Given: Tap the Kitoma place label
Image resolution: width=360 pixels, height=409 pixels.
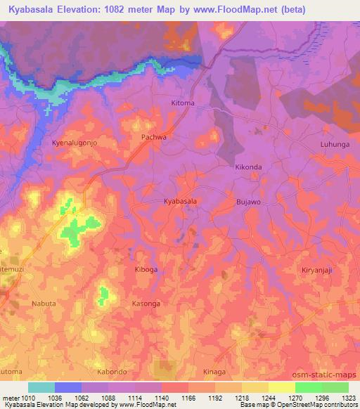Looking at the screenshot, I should tap(183, 103).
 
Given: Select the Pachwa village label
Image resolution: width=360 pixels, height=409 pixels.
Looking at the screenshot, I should tap(154, 137).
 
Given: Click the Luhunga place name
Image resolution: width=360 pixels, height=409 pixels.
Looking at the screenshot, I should tap(334, 145).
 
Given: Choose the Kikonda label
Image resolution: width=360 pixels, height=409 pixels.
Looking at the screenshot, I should tap(248, 168).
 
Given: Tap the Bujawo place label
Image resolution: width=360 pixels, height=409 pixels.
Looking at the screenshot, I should tap(249, 202).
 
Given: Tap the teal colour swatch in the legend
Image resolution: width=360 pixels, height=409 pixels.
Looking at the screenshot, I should tap(41, 387).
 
